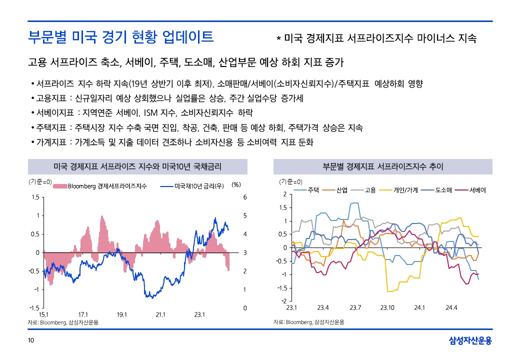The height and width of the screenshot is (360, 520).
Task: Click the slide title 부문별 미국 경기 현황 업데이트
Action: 121,36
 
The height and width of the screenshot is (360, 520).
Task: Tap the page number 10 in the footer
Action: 31,341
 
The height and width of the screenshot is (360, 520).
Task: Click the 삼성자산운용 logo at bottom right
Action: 470,341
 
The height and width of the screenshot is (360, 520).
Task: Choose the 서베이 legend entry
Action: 477,190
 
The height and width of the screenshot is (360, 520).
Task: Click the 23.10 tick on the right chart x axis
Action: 387,307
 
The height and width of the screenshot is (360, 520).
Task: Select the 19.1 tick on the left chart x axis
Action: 121,314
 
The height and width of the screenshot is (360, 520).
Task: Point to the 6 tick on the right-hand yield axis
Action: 245,197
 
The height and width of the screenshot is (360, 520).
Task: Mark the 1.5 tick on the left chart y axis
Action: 35,197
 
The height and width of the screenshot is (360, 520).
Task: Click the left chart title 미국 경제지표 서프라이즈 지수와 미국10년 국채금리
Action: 137,166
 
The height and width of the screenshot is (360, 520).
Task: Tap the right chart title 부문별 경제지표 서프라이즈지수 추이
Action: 383,166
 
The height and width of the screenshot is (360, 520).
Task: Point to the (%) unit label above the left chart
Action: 236,184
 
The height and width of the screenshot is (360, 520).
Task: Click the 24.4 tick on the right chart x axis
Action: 451,307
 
